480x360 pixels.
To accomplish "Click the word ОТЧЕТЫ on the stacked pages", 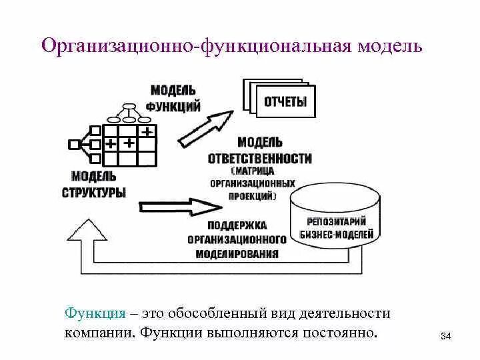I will (x=285, y=102).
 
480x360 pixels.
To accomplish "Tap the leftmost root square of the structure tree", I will (x=73, y=144).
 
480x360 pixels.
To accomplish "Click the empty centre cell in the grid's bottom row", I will (x=129, y=158).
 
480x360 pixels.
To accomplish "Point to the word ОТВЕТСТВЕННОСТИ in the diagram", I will (x=259, y=159).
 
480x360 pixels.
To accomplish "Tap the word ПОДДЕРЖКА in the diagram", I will (x=237, y=225).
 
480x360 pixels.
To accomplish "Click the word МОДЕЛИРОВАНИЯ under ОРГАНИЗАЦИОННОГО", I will (x=237, y=254).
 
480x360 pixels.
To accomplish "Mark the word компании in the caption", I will (x=99, y=332).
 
